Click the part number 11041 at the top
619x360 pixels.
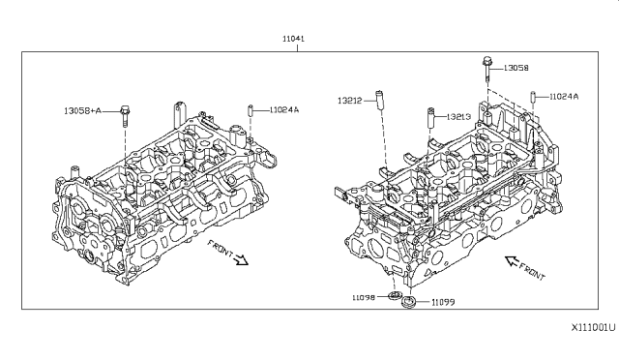click(x=293, y=39)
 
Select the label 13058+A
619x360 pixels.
click(x=82, y=111)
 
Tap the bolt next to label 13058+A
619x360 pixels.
click(x=125, y=116)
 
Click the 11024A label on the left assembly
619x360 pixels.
click(x=284, y=110)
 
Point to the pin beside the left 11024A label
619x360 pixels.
click(x=250, y=110)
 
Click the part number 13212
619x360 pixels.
click(x=349, y=101)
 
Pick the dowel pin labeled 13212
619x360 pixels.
click(x=379, y=101)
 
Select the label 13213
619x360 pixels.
click(x=458, y=117)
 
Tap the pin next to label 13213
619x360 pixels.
click(x=430, y=118)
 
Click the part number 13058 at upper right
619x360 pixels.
click(x=516, y=68)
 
